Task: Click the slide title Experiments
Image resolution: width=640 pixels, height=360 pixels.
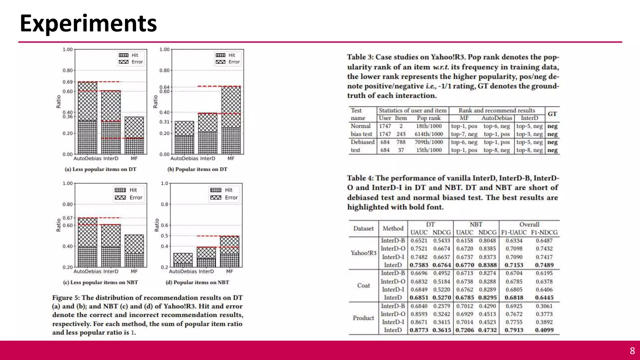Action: [x=88, y=23]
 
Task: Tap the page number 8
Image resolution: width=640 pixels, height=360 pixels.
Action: [x=632, y=351]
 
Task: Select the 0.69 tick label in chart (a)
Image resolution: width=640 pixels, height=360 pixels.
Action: [x=67, y=82]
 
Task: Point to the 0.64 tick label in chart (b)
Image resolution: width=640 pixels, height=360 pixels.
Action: [x=164, y=87]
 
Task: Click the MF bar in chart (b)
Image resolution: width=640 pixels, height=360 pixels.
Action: [x=231, y=120]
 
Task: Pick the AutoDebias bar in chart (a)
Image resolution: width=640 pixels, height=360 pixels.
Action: [x=87, y=118]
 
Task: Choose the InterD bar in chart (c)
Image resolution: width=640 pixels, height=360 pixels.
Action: [x=111, y=245]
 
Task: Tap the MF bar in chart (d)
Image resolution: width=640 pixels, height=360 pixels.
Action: [x=229, y=252]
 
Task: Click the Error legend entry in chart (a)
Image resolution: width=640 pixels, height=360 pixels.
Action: [x=131, y=62]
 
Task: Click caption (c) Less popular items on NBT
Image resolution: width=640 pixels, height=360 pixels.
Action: [x=100, y=282]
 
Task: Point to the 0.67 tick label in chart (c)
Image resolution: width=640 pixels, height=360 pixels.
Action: [x=67, y=218]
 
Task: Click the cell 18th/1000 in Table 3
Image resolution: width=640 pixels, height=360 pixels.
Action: [x=428, y=126]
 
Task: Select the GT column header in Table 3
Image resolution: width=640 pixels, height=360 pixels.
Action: [x=552, y=114]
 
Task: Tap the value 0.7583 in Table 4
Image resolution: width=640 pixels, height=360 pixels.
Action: [x=419, y=265]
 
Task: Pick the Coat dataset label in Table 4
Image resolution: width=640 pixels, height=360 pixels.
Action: [x=363, y=285]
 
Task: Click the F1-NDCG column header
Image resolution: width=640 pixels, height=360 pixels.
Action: [x=544, y=232]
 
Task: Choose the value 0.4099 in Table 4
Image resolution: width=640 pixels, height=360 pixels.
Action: [x=544, y=330]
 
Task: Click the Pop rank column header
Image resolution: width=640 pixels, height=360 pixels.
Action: [x=428, y=118]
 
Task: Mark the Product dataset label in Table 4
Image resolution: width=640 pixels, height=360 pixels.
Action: [x=363, y=318]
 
